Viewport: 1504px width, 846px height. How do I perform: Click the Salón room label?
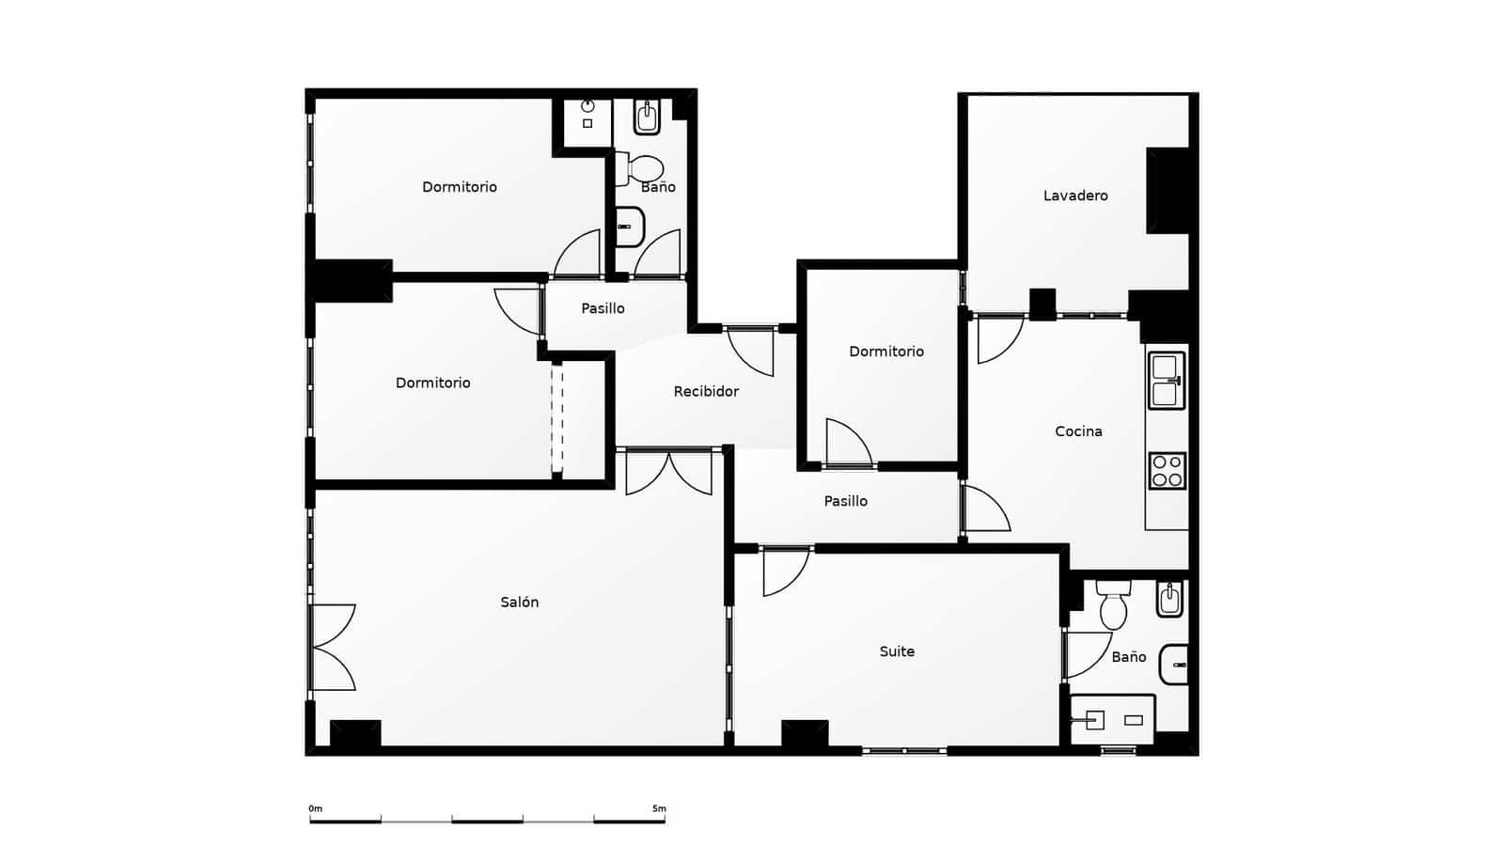(x=519, y=603)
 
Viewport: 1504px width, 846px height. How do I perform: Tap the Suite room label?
(x=897, y=651)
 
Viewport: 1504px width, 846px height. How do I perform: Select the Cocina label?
(x=1078, y=431)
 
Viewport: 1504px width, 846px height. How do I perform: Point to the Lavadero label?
(x=1075, y=196)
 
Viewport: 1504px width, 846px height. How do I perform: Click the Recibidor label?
(x=706, y=391)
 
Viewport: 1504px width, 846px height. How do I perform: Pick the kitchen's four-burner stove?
(x=1167, y=470)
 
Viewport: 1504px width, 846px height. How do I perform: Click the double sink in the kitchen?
(x=1167, y=381)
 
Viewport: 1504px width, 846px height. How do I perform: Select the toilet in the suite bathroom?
(x=1113, y=606)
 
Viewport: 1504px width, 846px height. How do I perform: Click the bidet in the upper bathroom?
(x=647, y=117)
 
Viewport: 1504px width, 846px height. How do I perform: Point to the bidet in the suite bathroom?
(x=1169, y=599)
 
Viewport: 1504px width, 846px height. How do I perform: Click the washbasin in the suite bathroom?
(x=1174, y=665)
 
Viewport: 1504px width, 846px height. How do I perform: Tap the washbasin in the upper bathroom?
(x=629, y=227)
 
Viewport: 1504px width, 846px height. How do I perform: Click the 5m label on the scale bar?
(x=659, y=808)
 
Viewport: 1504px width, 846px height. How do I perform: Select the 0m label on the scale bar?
(x=315, y=808)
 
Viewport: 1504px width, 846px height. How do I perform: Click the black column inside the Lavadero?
(x=1167, y=191)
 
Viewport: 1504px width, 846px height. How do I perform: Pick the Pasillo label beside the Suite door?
(x=845, y=501)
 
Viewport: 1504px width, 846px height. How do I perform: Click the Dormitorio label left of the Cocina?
(x=886, y=352)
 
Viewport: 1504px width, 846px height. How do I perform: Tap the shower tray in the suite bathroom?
(x=1113, y=720)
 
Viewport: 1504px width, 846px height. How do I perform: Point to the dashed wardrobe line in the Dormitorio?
(x=557, y=418)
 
